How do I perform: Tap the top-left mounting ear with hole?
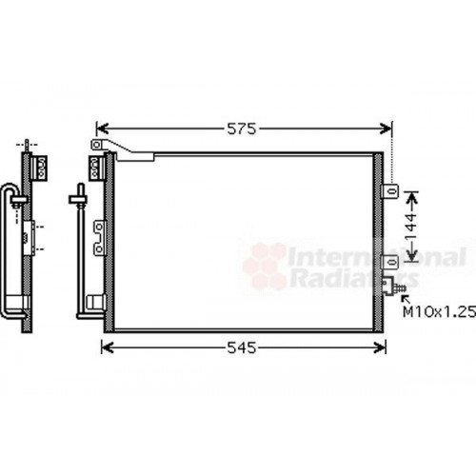click(95, 145)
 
